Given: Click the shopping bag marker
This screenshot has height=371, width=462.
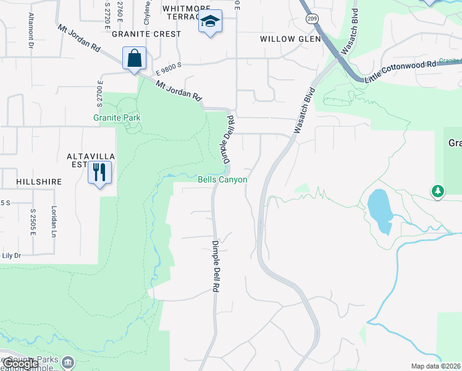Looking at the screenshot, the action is pos(134,59).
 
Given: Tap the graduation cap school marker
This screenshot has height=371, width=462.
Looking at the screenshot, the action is pos(210,22).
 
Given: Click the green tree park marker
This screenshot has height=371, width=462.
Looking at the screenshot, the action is pos(438,191).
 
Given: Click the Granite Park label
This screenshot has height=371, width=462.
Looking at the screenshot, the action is pos(117,117).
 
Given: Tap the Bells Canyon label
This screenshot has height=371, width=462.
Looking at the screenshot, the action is pos(222,180).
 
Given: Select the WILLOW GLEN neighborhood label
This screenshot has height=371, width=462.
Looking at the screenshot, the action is pos(290,38).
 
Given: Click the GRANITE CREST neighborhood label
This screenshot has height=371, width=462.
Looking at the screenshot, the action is pos(151,34).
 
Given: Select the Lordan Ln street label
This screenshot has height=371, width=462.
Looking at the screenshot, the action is pos(54,221).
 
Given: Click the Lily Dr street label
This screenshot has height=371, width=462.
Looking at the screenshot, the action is pos(11,255).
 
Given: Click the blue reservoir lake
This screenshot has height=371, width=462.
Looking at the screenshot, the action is pos(379,211).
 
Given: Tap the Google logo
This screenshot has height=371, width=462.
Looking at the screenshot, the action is pos(20,364).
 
